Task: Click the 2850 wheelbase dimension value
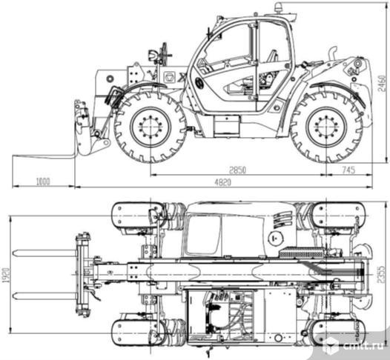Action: coord(237,170)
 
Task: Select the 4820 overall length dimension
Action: coord(223,183)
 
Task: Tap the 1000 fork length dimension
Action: coord(43,181)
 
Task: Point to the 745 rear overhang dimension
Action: coord(348,170)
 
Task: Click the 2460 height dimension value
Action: coord(383,84)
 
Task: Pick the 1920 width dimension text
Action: coord(6,275)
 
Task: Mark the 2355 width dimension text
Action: coord(381,275)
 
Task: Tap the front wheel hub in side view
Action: coord(151,127)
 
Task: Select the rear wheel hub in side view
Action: coord(326,127)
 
